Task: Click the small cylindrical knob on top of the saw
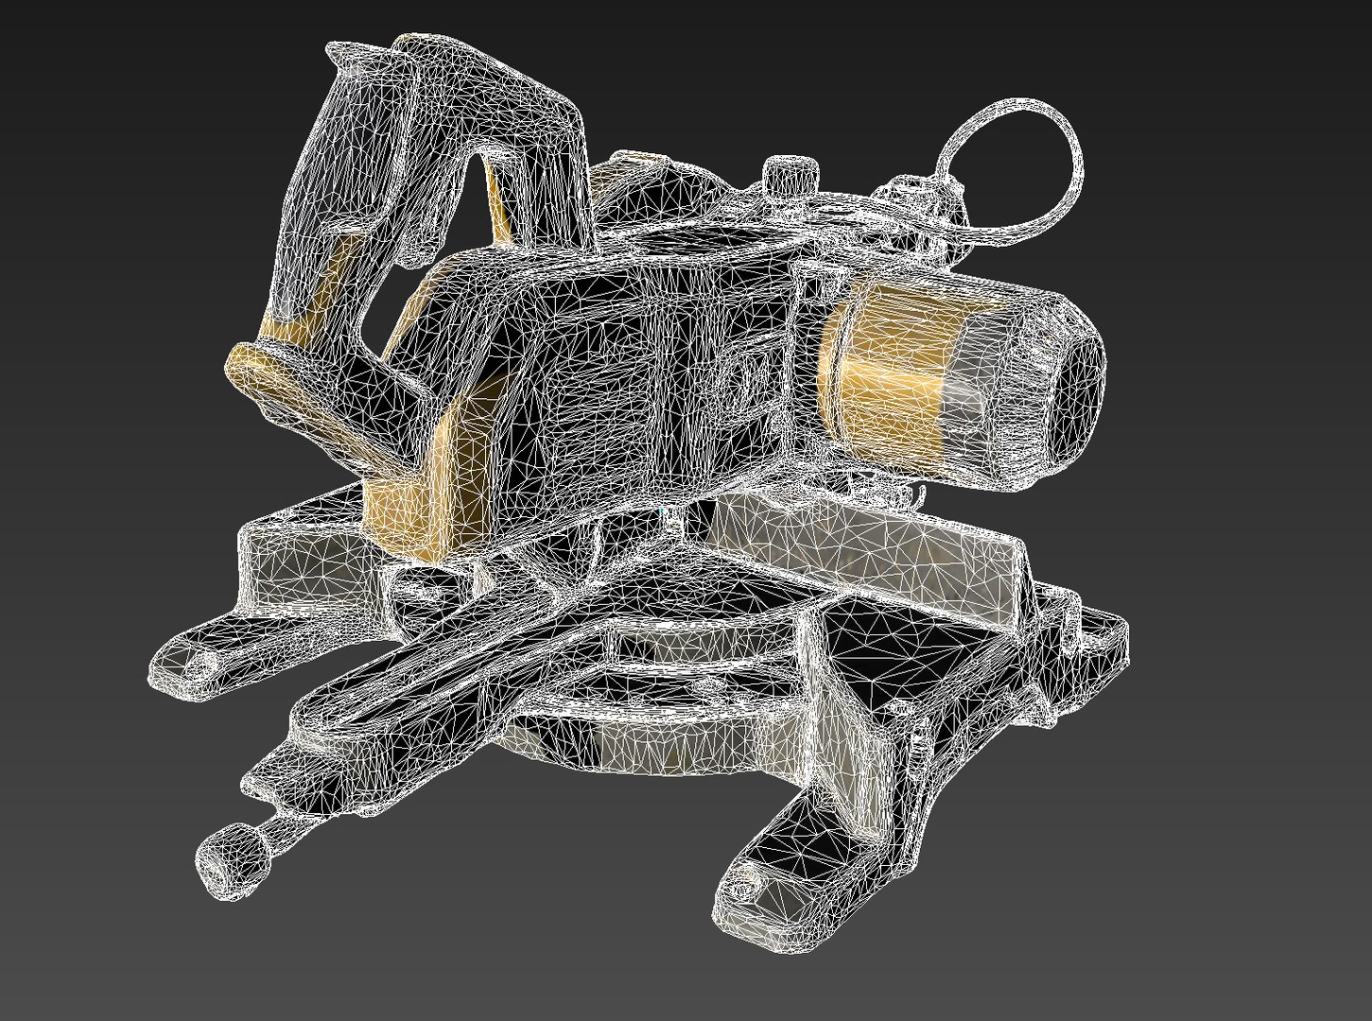[790, 175]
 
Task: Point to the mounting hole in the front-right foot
[748, 890]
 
